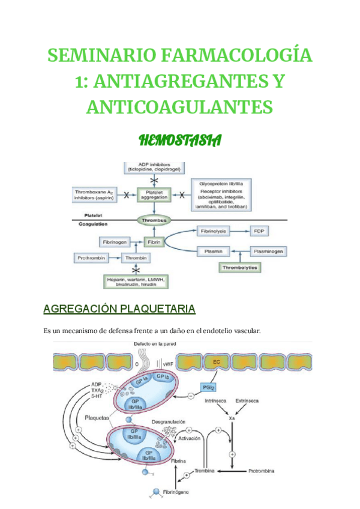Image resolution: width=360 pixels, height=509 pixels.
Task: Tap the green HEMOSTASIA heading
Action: tap(180, 141)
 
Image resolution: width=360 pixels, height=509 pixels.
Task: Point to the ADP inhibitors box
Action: tap(155, 168)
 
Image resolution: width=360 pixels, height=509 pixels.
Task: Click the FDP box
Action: tap(259, 230)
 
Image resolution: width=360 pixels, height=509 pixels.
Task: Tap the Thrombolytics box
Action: tap(240, 267)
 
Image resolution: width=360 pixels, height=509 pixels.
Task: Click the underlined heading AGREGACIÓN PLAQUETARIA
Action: tap(119, 309)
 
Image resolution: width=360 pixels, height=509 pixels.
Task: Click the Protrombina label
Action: tap(262, 472)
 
